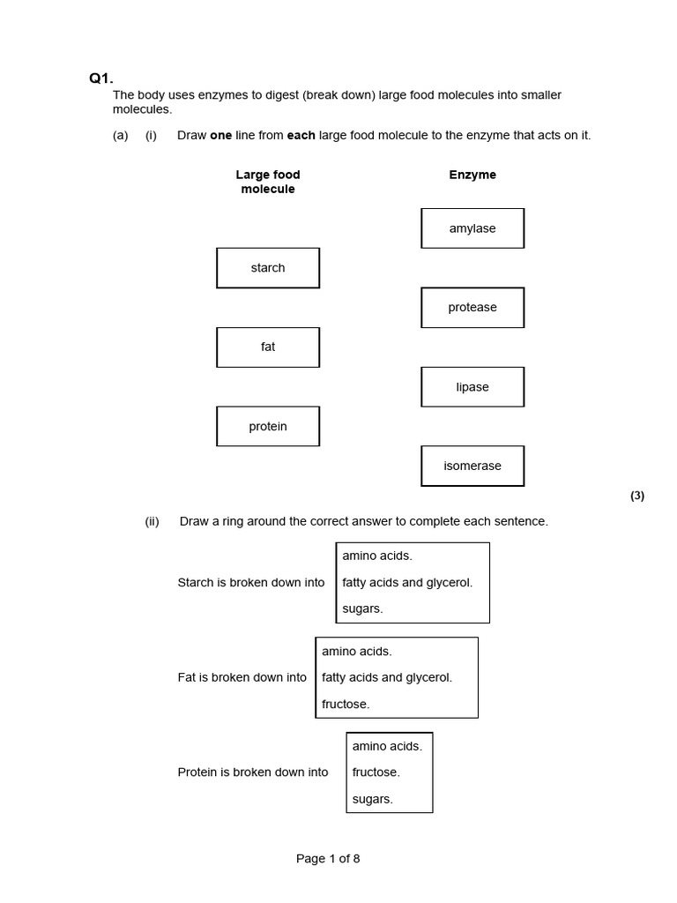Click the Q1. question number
coord(101,78)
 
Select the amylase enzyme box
coord(472,228)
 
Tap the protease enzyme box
coord(472,308)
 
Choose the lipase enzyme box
coord(472,387)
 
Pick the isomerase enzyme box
coord(472,466)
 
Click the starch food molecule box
coord(268,268)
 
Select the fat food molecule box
coord(268,347)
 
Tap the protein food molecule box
coord(268,427)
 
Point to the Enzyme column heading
coord(472,175)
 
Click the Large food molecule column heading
coord(268,182)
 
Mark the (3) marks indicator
coord(637,496)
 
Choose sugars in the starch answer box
coord(362,608)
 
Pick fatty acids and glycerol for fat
coord(387,677)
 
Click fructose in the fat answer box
coord(346,704)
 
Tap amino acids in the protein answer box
coord(387,746)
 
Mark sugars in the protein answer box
coord(372,799)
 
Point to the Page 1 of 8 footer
coord(328,859)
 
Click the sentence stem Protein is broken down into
coord(253,772)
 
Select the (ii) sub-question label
coord(152,521)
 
